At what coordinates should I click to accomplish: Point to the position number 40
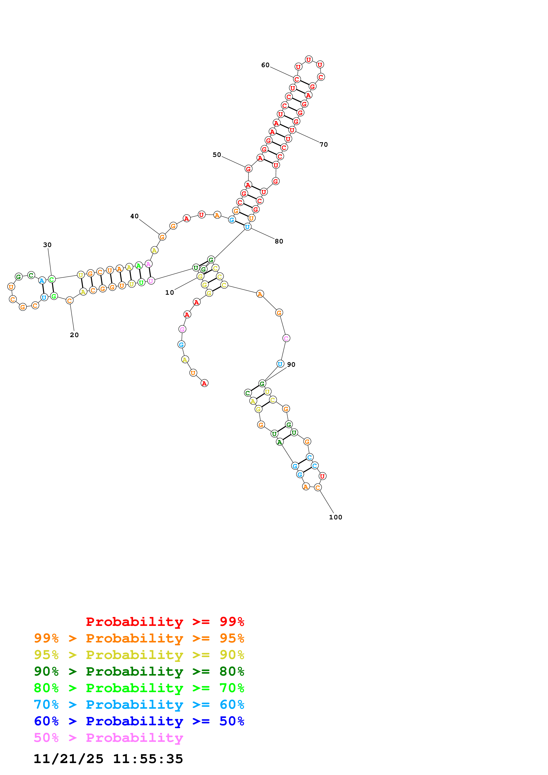[x=134, y=216]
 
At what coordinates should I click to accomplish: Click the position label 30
[x=47, y=245]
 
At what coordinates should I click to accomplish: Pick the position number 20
[x=74, y=335]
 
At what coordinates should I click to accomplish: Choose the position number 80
[x=279, y=241]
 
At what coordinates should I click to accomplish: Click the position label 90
[x=291, y=365]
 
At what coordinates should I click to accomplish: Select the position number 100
[x=335, y=517]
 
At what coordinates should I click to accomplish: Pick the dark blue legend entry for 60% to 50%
[x=139, y=721]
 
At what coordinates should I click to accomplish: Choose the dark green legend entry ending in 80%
[x=139, y=671]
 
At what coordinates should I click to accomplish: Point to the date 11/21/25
[x=68, y=759]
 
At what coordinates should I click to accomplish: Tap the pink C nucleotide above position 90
[x=286, y=338]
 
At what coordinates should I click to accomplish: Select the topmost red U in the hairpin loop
[x=309, y=60]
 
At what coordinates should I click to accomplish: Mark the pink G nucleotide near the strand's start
[x=182, y=329]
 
